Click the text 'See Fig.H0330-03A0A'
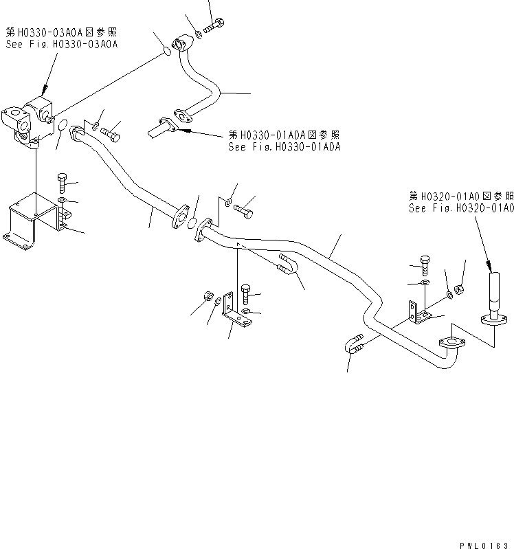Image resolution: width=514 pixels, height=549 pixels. [x=61, y=43]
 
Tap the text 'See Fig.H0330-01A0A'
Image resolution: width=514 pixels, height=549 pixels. [x=284, y=147]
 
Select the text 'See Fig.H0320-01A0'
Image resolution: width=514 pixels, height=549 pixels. [x=461, y=209]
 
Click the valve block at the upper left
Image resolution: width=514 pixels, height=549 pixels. [x=31, y=121]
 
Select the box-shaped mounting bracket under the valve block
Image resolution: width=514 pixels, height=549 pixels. [x=33, y=219]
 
